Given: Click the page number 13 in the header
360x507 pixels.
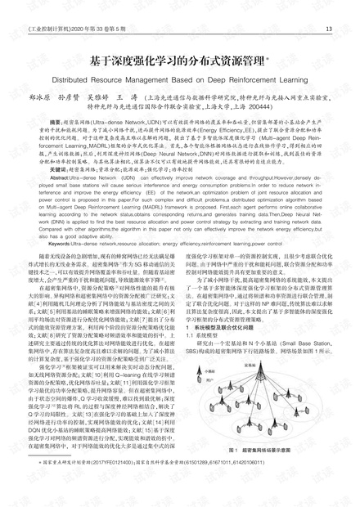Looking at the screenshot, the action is pos(328,31).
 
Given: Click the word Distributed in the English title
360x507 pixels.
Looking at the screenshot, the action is pos(91,82).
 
